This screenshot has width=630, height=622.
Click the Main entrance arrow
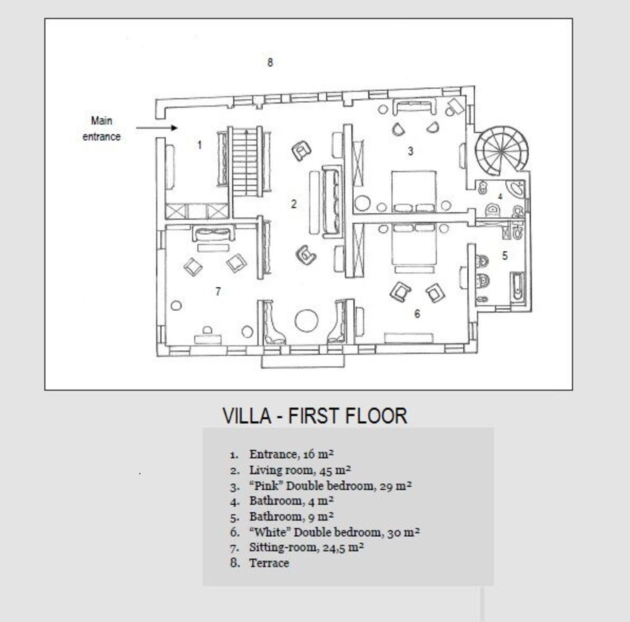coord(157,128)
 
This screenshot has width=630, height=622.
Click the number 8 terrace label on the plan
coord(270,62)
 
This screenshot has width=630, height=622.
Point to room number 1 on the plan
coord(199,145)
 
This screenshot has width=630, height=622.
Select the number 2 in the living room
coord(294,204)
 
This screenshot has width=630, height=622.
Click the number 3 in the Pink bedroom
coord(410,151)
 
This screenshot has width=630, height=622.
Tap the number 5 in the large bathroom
coord(505,255)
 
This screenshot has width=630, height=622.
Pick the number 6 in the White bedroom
coord(417,314)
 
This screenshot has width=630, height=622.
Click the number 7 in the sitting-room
coord(218,291)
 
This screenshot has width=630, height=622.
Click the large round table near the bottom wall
coord(306,321)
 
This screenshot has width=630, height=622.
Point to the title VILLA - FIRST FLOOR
coord(315,416)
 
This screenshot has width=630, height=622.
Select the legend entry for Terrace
coord(269,563)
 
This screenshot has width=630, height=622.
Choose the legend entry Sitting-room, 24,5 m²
coord(306,547)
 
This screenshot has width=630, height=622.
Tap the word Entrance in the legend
coord(273,455)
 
